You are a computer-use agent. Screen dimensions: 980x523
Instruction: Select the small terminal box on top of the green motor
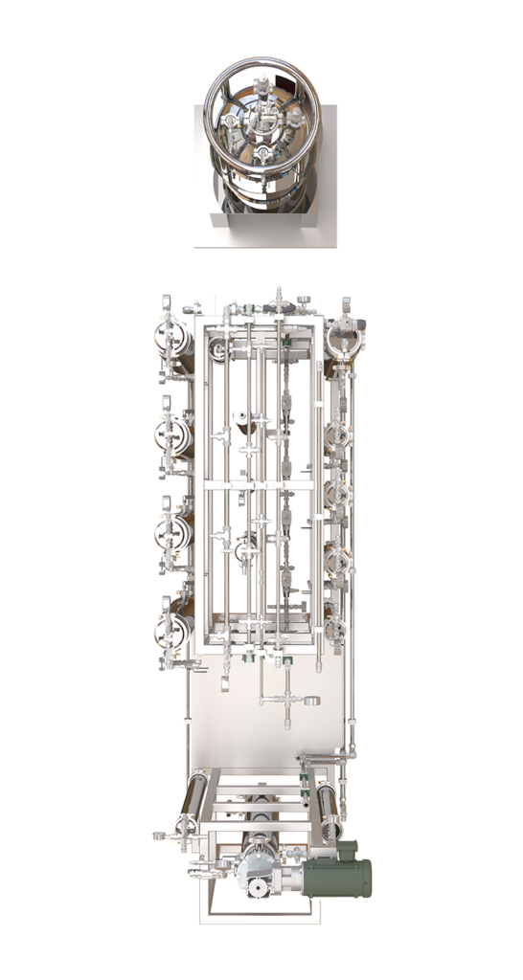point(345,850)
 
